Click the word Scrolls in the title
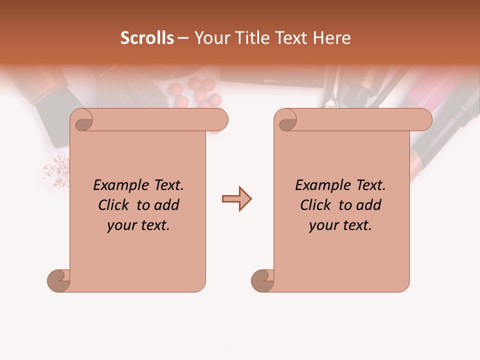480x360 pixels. (x=147, y=38)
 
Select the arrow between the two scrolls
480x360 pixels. (x=236, y=199)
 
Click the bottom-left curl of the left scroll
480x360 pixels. (x=57, y=280)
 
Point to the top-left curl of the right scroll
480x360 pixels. (x=287, y=121)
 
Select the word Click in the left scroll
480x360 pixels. (x=114, y=205)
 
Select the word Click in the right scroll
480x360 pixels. (x=316, y=205)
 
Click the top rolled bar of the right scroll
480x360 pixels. (x=362, y=119)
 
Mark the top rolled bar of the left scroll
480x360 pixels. (x=160, y=119)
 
